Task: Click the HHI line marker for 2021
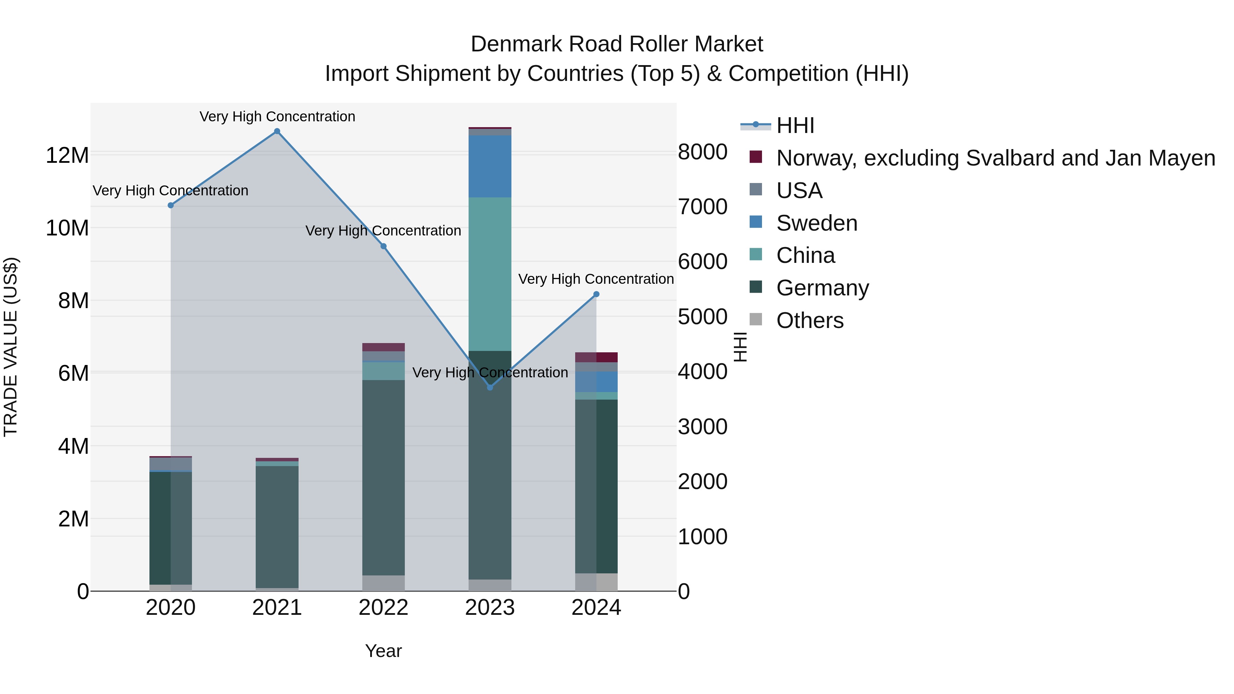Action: pyautogui.click(x=277, y=131)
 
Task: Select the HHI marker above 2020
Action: pyautogui.click(x=171, y=205)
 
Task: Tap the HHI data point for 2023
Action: pyautogui.click(x=489, y=387)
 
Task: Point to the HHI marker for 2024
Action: pyautogui.click(x=596, y=294)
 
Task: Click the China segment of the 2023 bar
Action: pyautogui.click(x=489, y=274)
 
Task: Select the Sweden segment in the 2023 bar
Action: pyautogui.click(x=489, y=166)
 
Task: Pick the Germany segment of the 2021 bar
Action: pyautogui.click(x=277, y=527)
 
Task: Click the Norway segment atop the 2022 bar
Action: pyautogui.click(x=383, y=347)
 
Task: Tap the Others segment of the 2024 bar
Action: pyautogui.click(x=596, y=582)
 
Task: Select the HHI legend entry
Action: pyautogui.click(x=795, y=125)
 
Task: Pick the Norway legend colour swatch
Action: pyautogui.click(x=755, y=157)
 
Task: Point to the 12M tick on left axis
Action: pyautogui.click(x=67, y=156)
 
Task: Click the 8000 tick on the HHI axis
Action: pyautogui.click(x=702, y=152)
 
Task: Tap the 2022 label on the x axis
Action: pyautogui.click(x=383, y=608)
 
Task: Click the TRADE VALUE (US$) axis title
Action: pyautogui.click(x=11, y=347)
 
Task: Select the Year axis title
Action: pyautogui.click(x=383, y=651)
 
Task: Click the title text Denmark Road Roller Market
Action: pyautogui.click(x=617, y=44)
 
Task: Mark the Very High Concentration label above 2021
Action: pyautogui.click(x=277, y=117)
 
